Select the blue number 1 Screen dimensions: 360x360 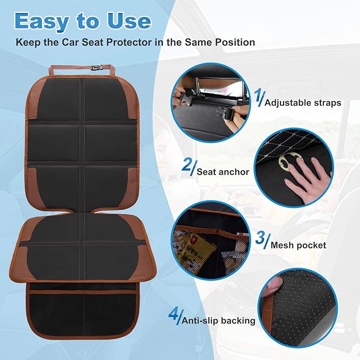click(x=258, y=98)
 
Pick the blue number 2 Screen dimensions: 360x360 click(x=187, y=166)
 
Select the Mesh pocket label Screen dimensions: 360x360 click(x=298, y=245)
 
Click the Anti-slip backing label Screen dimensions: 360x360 click(x=218, y=321)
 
